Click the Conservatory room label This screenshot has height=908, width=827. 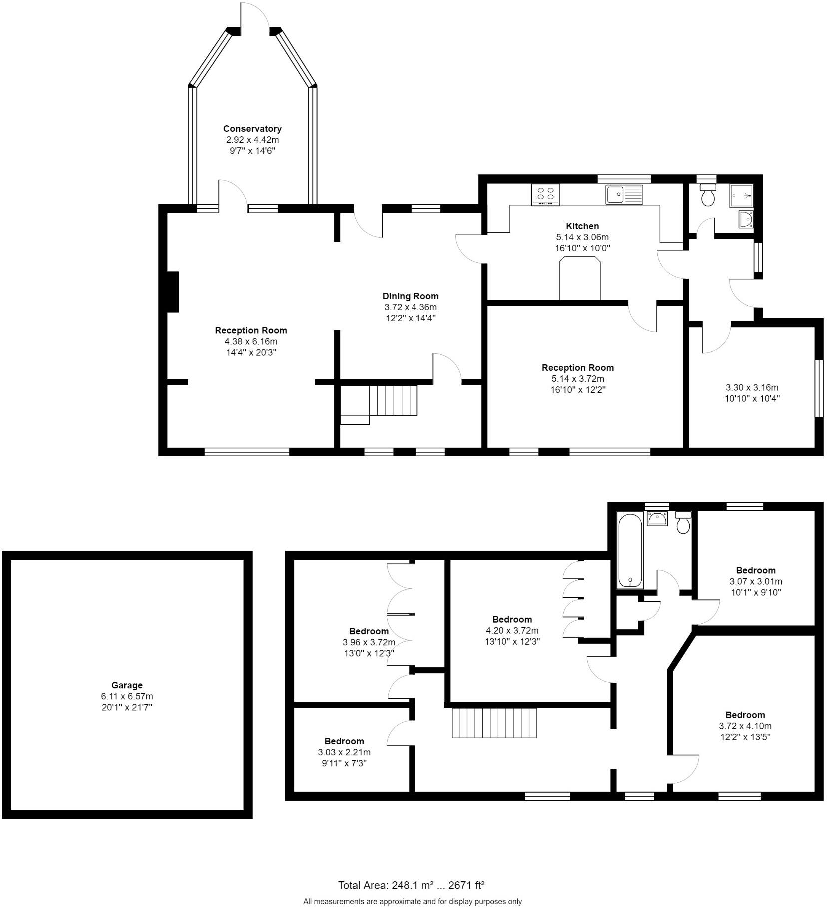pyautogui.click(x=252, y=129)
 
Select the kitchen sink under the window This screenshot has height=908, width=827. pyautogui.click(x=624, y=194)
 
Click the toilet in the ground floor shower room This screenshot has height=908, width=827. pyautogui.click(x=708, y=195)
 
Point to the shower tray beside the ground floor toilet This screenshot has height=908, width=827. pyautogui.click(x=741, y=195)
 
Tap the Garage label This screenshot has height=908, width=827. pyautogui.click(x=127, y=685)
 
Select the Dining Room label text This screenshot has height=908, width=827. pyautogui.click(x=410, y=296)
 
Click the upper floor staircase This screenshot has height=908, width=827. pyautogui.click(x=494, y=723)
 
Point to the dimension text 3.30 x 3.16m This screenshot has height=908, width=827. pyautogui.click(x=752, y=387)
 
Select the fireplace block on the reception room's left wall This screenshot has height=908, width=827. pyautogui.click(x=173, y=292)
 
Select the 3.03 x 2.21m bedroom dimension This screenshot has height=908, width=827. pyautogui.click(x=344, y=752)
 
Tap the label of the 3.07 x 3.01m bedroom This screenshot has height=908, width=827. pyautogui.click(x=755, y=570)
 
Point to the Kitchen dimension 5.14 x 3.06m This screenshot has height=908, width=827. pyautogui.click(x=582, y=237)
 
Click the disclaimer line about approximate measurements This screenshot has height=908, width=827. pyautogui.click(x=412, y=901)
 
